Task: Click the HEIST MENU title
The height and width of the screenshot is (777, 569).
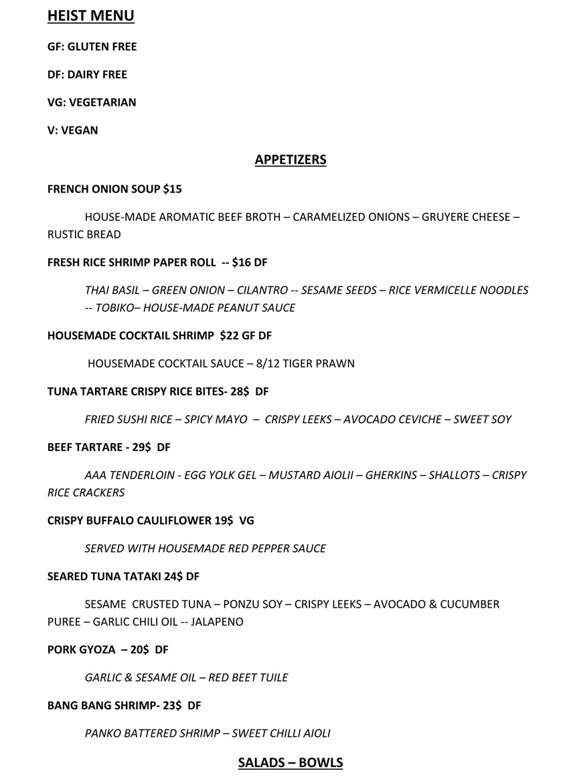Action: click(x=90, y=15)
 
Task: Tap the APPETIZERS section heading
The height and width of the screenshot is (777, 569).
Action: click(x=291, y=159)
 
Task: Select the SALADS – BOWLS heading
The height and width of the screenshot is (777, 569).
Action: click(x=291, y=762)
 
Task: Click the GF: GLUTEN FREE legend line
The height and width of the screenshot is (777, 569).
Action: click(x=92, y=47)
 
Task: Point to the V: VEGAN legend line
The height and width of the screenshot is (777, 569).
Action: click(x=72, y=131)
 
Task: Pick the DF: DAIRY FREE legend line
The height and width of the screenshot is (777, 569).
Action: click(x=87, y=74)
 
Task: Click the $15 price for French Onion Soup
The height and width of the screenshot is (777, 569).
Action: click(x=172, y=189)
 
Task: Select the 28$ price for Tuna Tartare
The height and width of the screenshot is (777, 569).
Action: click(x=239, y=392)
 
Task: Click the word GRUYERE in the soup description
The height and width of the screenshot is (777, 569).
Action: click(x=444, y=218)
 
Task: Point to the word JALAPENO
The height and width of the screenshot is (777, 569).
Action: click(x=217, y=622)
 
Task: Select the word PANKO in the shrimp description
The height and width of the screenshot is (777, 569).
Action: click(x=103, y=733)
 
